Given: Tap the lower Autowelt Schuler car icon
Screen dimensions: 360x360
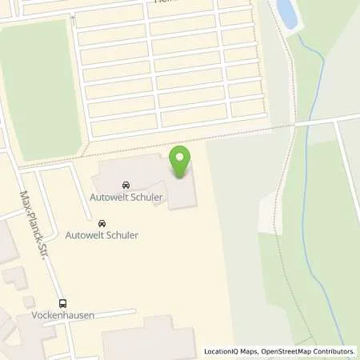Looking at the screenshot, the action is (102, 223).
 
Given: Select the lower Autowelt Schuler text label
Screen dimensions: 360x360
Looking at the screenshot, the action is (102, 236).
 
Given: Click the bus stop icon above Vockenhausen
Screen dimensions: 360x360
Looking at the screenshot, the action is (63, 303).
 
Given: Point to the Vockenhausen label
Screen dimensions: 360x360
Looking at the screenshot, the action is (63, 315).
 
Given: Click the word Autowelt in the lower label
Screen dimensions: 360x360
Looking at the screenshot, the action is (83, 236).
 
